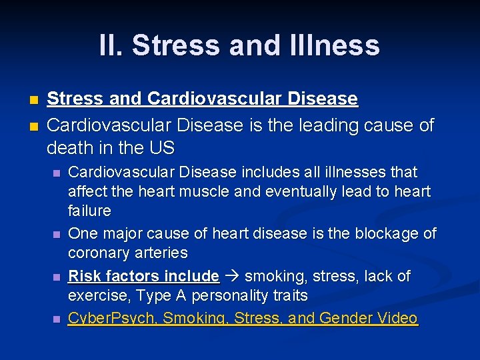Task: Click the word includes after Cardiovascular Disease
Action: (x=269, y=172)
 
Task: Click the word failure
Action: (x=89, y=211)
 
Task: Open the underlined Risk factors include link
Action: (x=144, y=276)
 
